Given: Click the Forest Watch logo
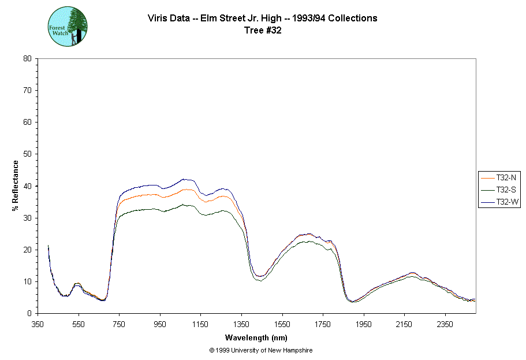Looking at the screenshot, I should tap(68, 27).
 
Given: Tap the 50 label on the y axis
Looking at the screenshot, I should tap(27, 154).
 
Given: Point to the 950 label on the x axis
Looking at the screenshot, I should tap(161, 324).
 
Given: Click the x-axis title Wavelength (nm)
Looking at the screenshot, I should tap(256, 338).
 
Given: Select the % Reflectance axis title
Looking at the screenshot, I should tap(16, 185).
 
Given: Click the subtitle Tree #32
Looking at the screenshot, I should tap(262, 31).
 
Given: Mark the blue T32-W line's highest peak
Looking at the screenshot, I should tap(184, 179).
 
